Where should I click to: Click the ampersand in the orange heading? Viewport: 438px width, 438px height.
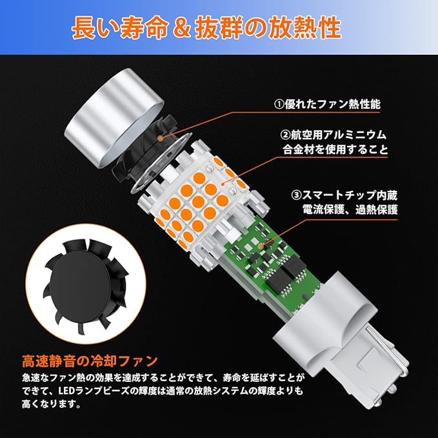click(181, 28)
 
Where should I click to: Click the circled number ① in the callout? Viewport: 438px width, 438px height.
click(279, 105)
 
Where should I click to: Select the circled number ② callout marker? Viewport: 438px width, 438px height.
click(285, 135)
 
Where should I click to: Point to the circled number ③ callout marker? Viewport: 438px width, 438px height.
click(297, 195)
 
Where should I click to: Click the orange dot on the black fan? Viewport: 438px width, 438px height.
click(160, 138)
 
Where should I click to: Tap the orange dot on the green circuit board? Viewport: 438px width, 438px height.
click(261, 246)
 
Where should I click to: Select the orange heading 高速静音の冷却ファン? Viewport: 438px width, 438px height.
click(90, 361)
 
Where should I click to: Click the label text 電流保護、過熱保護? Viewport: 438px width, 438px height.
click(350, 210)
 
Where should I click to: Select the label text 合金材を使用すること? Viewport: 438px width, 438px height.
click(335, 150)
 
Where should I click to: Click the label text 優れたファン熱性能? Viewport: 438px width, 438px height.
click(333, 105)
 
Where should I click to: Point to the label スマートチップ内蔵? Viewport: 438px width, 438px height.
click(350, 195)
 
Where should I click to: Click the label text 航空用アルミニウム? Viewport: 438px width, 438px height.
click(339, 135)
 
